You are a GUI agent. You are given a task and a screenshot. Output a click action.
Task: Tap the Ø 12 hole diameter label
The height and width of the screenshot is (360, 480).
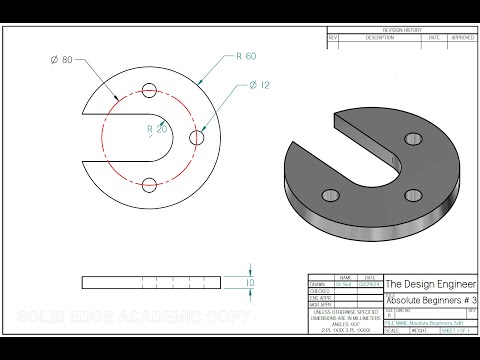pyautogui.click(x=261, y=86)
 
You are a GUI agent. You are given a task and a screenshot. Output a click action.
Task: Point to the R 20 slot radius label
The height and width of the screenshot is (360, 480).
pyautogui.click(x=156, y=129)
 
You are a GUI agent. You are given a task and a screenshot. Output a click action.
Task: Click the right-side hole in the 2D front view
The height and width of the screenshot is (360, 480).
pyautogui.click(x=196, y=137)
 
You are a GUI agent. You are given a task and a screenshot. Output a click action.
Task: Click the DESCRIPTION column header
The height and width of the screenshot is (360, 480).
pyautogui.click(x=380, y=37)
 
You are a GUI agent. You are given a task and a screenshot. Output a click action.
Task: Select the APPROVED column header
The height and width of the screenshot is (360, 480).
pyautogui.click(x=461, y=37)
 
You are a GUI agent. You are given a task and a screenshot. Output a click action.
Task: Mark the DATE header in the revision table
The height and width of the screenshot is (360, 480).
pyautogui.click(x=435, y=37)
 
